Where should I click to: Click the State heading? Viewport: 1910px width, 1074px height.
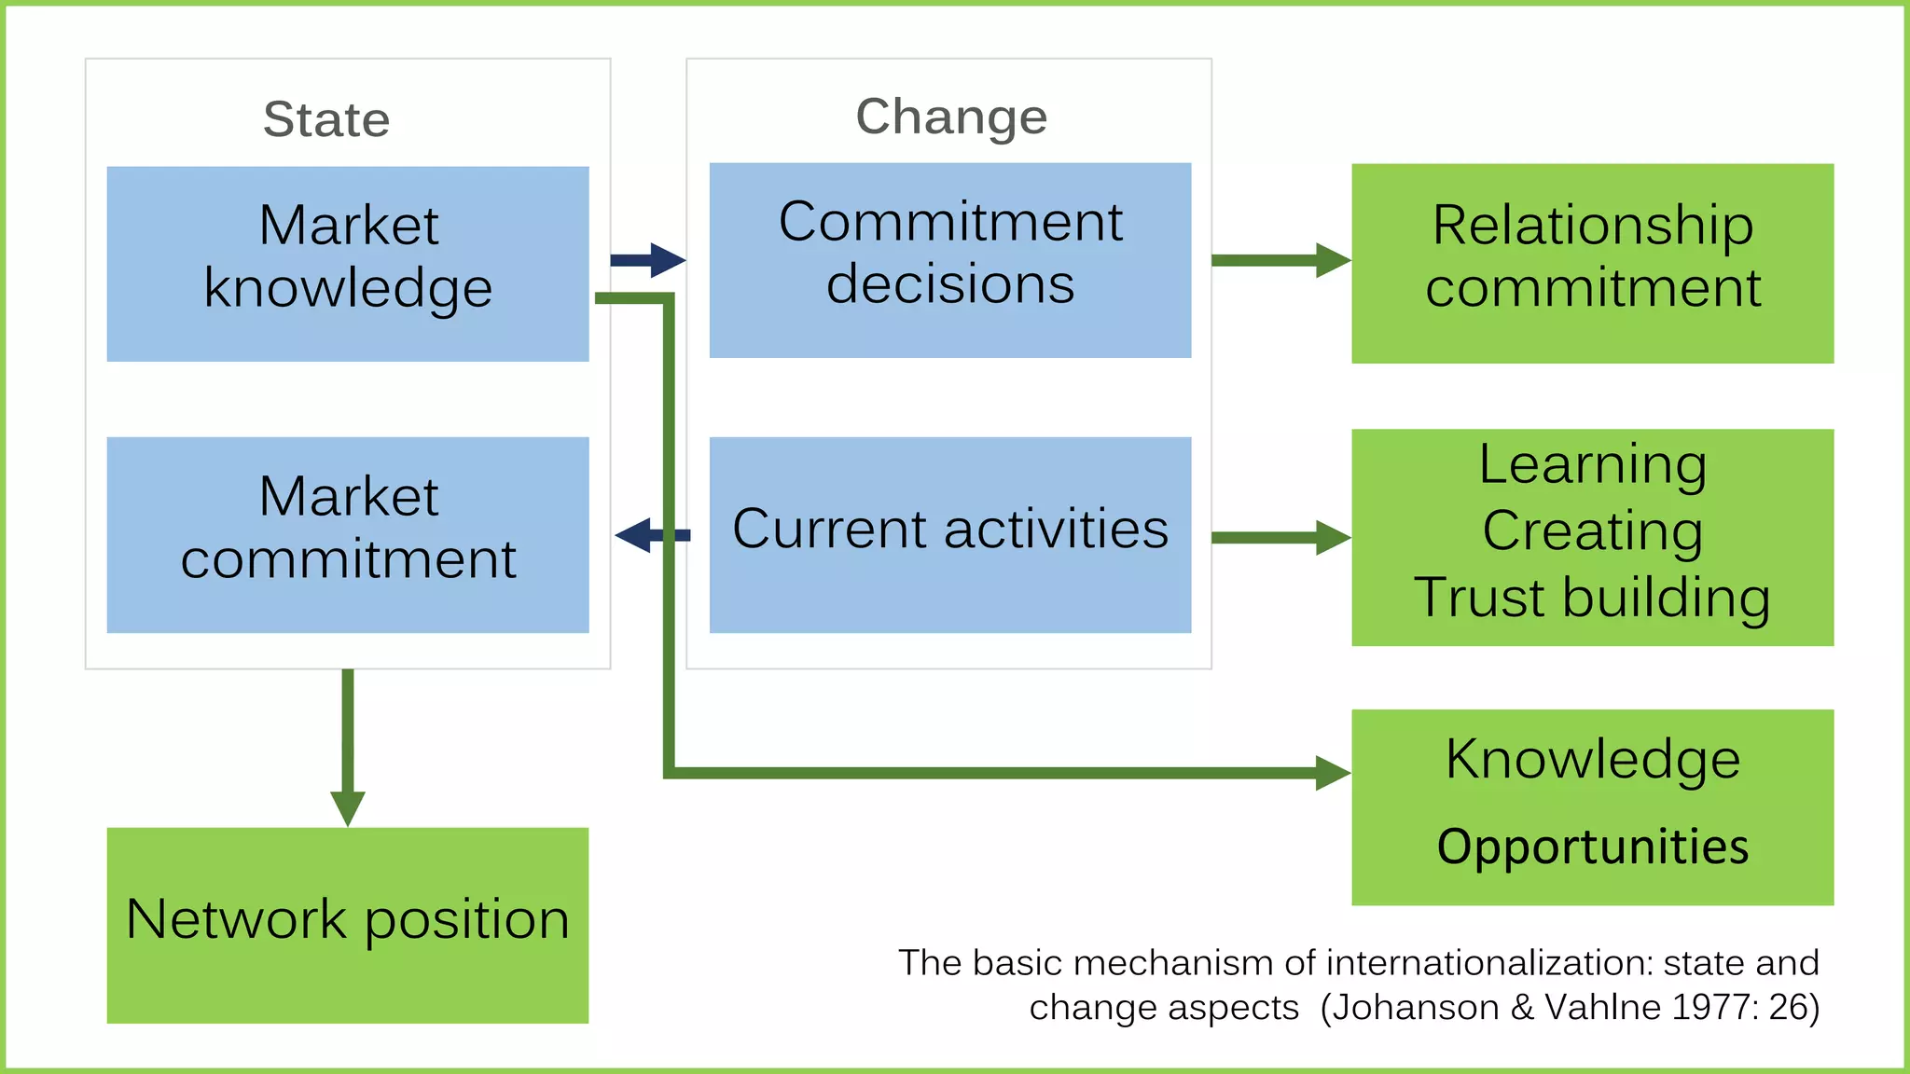[326, 119]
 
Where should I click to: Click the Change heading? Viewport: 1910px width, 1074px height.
[951, 117]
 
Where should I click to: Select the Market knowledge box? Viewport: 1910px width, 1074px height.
[348, 264]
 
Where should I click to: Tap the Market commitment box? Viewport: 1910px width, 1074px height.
[348, 534]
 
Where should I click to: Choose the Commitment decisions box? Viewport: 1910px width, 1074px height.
[949, 260]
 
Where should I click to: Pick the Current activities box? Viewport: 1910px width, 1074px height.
[949, 534]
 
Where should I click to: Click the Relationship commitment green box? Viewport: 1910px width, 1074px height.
[1592, 263]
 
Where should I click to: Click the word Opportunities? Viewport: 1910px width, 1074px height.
[1592, 847]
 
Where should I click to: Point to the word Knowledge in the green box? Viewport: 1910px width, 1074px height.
[1592, 759]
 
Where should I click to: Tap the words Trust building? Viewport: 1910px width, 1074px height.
[1592, 598]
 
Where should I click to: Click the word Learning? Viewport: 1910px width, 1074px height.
[1592, 464]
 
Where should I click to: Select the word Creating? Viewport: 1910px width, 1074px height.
[1592, 530]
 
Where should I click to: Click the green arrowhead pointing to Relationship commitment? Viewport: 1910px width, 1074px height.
[1332, 260]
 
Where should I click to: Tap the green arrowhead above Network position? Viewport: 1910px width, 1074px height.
[348, 807]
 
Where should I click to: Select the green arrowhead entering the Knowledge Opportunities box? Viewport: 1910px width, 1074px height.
[1332, 773]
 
